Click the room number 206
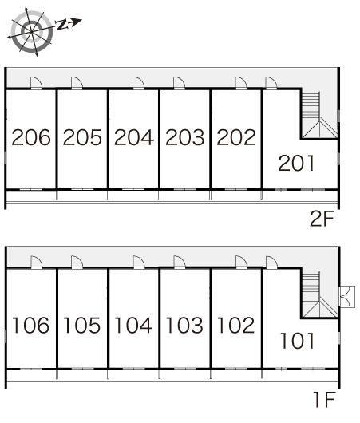pos(31,137)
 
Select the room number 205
pos(82,137)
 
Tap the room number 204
pos(134,137)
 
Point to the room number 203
pos(185,137)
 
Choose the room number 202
pos(236,137)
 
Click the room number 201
pos(296,163)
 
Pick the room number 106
pos(31,325)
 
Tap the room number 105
pos(81,325)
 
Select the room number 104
pos(133,325)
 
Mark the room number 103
pos(184,325)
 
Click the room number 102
pos(235,325)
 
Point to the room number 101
pos(298,341)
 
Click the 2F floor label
pos(322,219)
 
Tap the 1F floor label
pos(324,400)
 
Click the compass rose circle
pos(32,32)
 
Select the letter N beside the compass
pos(61,24)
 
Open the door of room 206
pos(36,83)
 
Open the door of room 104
pos(139,263)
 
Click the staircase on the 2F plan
pos(319,115)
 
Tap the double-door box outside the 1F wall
pos(347,296)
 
